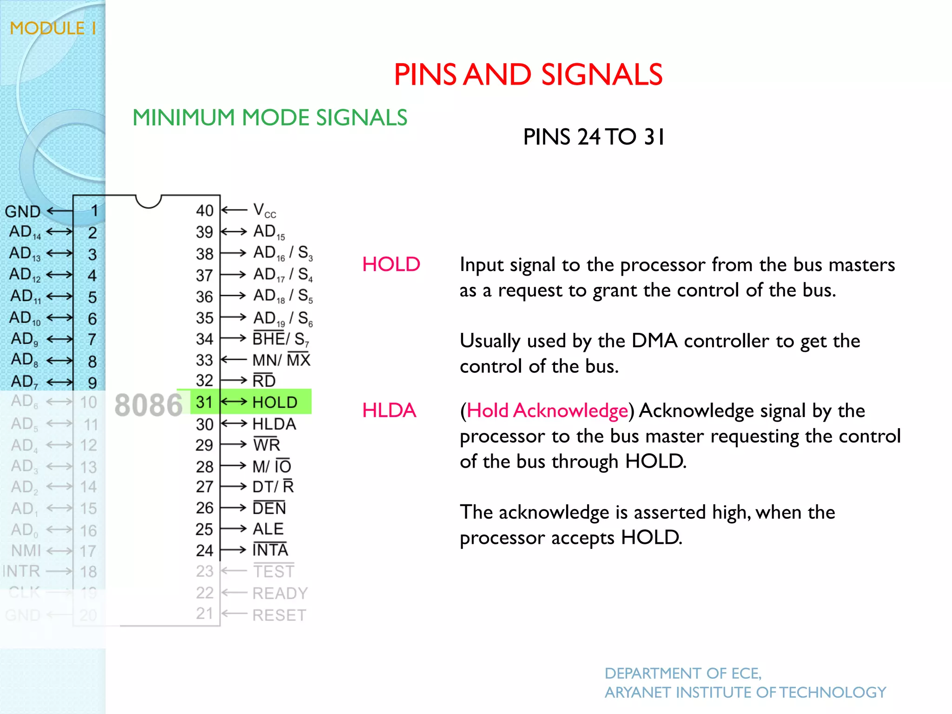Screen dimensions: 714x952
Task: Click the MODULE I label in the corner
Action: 53,28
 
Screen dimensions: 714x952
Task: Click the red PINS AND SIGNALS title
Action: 528,75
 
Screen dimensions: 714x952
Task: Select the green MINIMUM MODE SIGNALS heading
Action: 270,118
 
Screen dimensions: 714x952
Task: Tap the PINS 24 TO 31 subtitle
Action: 594,137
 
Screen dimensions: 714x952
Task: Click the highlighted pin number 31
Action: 204,402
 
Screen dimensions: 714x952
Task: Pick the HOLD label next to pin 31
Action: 275,403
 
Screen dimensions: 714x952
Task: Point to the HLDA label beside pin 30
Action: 274,424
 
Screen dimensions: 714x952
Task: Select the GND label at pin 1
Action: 22,212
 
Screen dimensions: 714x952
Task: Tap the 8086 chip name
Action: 148,405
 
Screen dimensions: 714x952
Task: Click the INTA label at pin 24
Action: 270,550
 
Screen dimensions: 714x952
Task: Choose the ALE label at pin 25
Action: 268,529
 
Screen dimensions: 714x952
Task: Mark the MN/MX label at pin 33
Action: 281,360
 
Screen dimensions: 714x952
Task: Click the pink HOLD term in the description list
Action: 391,264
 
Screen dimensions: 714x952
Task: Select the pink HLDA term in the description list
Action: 389,410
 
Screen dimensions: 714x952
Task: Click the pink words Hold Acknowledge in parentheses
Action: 547,410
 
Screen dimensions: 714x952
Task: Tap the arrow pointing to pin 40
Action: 234,210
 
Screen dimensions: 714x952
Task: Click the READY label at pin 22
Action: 280,593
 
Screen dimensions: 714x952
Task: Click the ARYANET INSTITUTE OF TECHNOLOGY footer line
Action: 745,693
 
